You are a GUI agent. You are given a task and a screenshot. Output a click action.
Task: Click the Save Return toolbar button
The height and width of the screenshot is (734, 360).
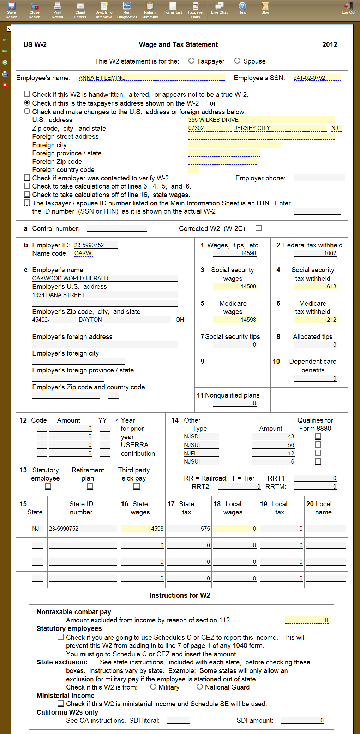pos(11,10)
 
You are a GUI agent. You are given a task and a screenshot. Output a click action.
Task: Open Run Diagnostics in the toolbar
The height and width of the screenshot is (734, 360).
pos(127,10)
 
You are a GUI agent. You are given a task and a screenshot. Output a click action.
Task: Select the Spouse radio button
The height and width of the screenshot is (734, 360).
pos(238,61)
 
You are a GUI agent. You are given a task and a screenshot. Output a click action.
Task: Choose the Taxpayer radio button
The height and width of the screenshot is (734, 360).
pos(191,61)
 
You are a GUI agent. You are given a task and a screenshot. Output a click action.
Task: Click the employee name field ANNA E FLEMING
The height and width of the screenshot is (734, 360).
pos(151,78)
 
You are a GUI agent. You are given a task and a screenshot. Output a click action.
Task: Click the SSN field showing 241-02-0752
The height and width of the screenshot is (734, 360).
pos(317,78)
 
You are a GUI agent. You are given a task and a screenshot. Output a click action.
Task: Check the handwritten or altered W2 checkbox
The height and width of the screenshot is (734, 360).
pos(27,94)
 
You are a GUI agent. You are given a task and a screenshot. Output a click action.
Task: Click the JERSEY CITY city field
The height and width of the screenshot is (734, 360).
pos(280,128)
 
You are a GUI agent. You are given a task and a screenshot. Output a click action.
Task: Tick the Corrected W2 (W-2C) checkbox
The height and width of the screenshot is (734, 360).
pos(259,228)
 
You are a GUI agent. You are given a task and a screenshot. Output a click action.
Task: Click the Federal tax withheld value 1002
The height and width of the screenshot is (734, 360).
pos(315,253)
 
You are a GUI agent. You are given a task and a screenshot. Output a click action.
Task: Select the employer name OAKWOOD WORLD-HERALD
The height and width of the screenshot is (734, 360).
pos(105,278)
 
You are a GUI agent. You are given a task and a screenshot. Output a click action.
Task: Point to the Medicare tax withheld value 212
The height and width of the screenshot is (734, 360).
pos(315,320)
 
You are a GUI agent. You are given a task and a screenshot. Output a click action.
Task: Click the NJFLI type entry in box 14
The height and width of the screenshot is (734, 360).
pos(201,453)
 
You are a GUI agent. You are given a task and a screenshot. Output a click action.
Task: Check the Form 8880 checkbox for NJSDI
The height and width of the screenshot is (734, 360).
pos(318,436)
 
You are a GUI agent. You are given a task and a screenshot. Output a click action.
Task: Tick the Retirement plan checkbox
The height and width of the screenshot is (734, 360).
pos(90,487)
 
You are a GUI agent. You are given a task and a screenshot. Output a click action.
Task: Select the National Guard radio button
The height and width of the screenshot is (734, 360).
pos(200,687)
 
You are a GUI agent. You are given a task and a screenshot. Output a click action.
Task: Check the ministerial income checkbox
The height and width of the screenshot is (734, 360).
pos(61,704)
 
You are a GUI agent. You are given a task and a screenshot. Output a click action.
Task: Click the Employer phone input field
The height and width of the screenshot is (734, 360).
pos(319,178)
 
